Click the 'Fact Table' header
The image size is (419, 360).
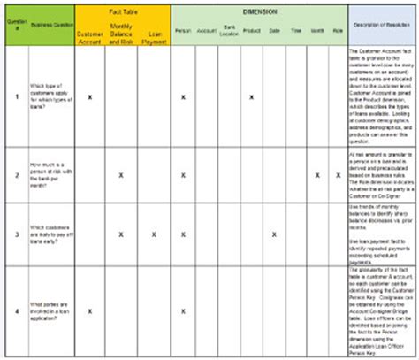point(121,12)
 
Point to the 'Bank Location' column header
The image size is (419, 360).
point(228,32)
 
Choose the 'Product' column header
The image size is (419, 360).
point(252,32)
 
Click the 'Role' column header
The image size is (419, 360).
point(336,32)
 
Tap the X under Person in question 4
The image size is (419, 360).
point(183,310)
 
